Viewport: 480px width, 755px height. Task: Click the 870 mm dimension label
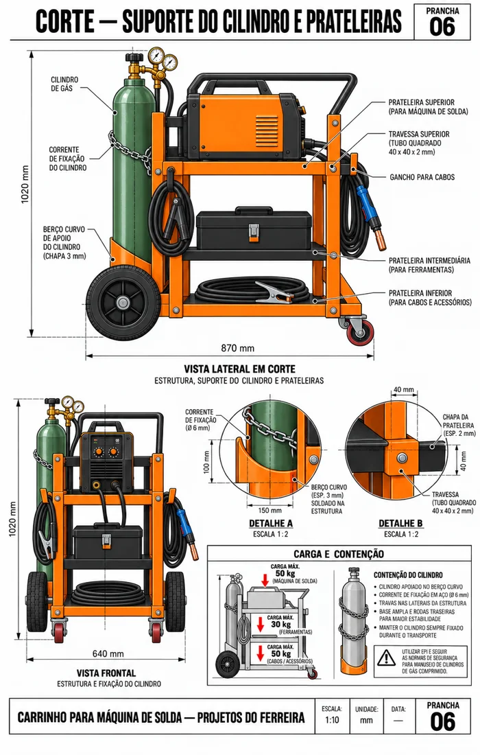[237, 348]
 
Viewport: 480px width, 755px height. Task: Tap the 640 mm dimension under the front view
[108, 653]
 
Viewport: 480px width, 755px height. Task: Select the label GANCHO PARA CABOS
[422, 177]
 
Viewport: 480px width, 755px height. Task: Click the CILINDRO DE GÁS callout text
[64, 84]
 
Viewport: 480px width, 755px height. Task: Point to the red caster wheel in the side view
[357, 331]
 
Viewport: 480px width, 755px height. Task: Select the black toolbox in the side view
[252, 229]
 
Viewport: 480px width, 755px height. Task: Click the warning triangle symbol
[386, 657]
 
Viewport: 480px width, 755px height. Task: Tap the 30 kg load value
[281, 625]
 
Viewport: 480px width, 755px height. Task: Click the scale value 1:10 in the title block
[331, 720]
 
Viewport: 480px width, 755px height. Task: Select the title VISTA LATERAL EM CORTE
[239, 369]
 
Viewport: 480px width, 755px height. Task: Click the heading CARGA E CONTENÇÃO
[339, 554]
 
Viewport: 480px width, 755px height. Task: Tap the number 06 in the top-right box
[442, 27]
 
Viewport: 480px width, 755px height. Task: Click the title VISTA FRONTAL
[106, 673]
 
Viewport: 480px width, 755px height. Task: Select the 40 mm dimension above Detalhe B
[403, 390]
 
